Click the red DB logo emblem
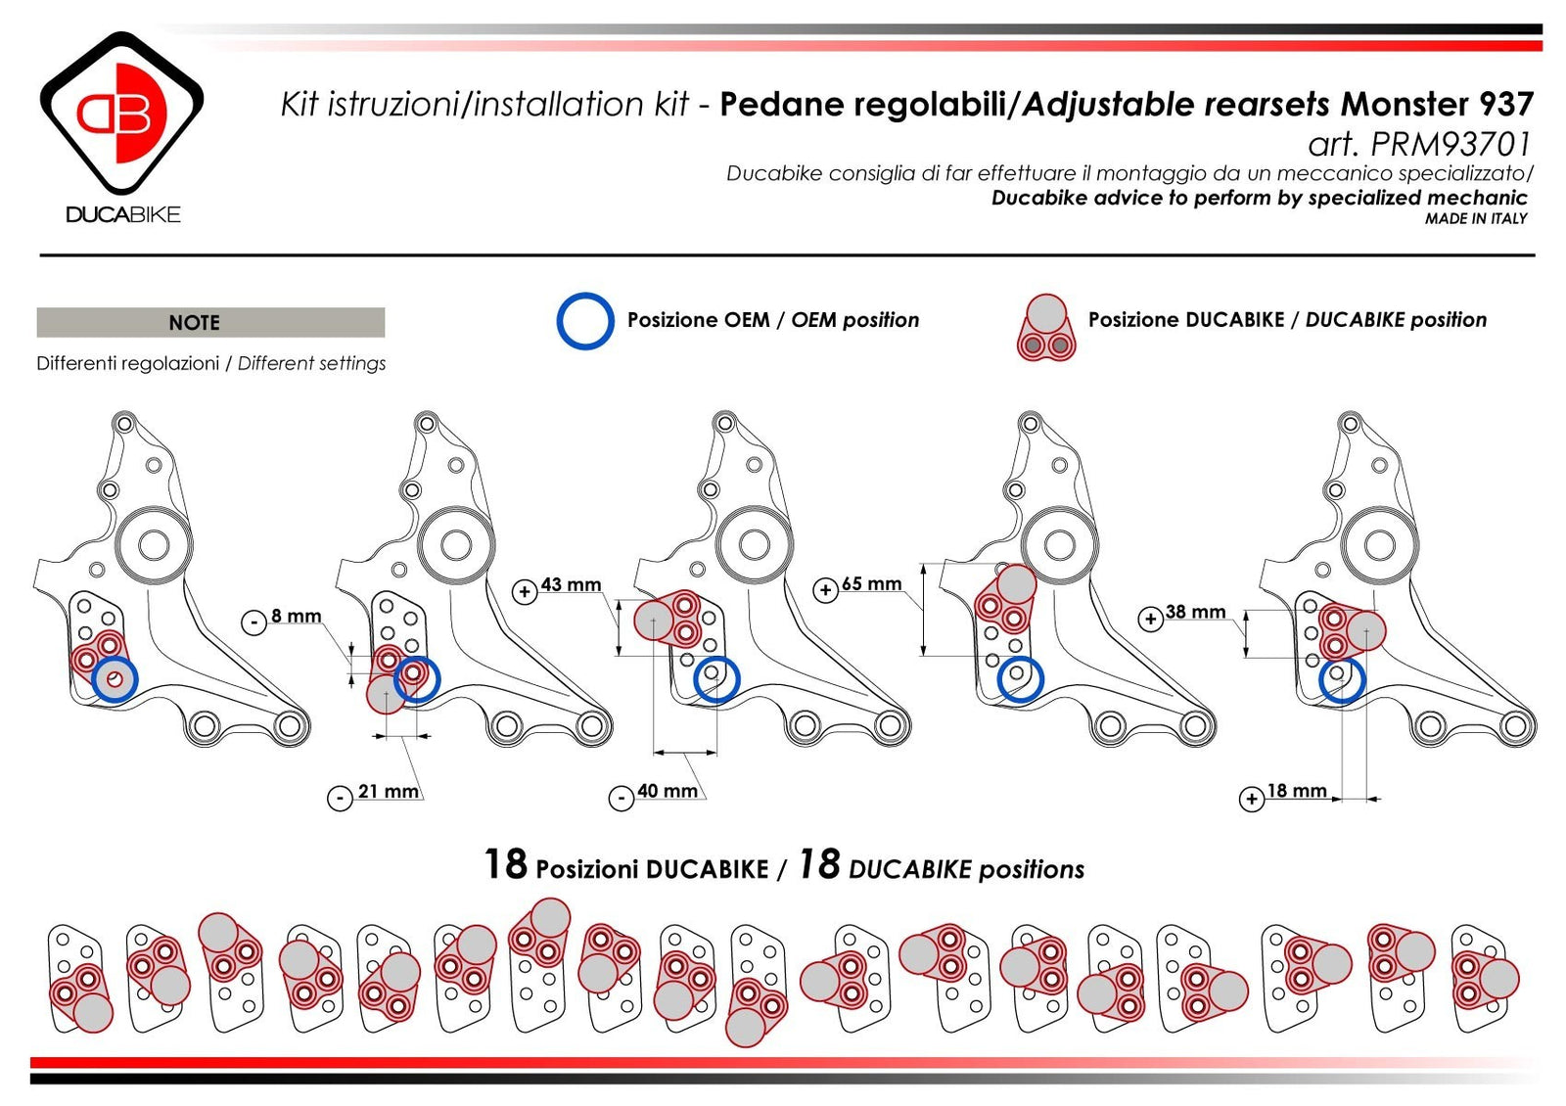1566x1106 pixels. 121,113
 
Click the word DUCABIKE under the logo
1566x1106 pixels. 123,214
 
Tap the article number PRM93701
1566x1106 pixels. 1449,145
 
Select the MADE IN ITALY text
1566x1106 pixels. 1475,219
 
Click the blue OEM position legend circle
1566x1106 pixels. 585,321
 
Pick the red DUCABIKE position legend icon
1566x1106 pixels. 1046,328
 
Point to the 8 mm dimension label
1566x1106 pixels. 297,616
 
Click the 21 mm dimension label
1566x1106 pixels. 388,792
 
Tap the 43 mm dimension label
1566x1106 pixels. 571,584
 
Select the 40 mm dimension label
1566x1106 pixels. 668,791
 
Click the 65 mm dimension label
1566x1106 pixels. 871,583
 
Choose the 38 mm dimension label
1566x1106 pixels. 1195,612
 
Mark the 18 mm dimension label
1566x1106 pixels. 1297,791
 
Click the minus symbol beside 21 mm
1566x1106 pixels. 339,798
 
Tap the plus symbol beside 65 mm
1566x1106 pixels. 826,590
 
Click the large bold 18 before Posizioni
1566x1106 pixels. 505,865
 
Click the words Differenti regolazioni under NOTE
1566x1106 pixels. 127,363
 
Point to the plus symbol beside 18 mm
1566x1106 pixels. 1251,799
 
